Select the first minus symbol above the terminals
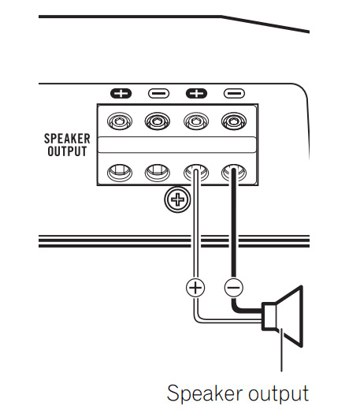158,93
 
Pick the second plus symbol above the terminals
196,93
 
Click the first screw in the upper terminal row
120,122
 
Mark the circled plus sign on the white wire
195,287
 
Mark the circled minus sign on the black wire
233,287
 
